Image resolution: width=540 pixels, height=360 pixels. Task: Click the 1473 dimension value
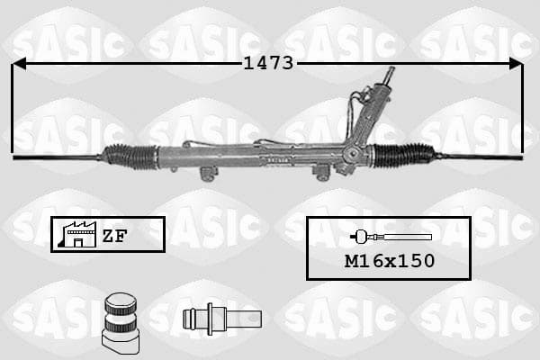tap(268, 63)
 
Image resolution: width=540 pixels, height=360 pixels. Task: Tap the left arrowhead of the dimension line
tap(19, 64)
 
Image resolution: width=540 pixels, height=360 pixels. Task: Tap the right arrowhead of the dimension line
tap(516, 64)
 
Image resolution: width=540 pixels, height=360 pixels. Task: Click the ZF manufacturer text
tap(114, 236)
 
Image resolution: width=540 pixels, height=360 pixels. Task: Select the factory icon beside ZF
tap(77, 234)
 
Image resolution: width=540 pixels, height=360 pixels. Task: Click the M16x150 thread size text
tap(390, 261)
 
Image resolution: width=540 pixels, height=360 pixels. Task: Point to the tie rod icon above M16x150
tap(391, 237)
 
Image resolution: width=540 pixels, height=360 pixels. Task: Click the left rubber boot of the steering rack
tap(130, 157)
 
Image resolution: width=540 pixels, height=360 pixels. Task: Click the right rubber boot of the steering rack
tap(403, 156)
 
